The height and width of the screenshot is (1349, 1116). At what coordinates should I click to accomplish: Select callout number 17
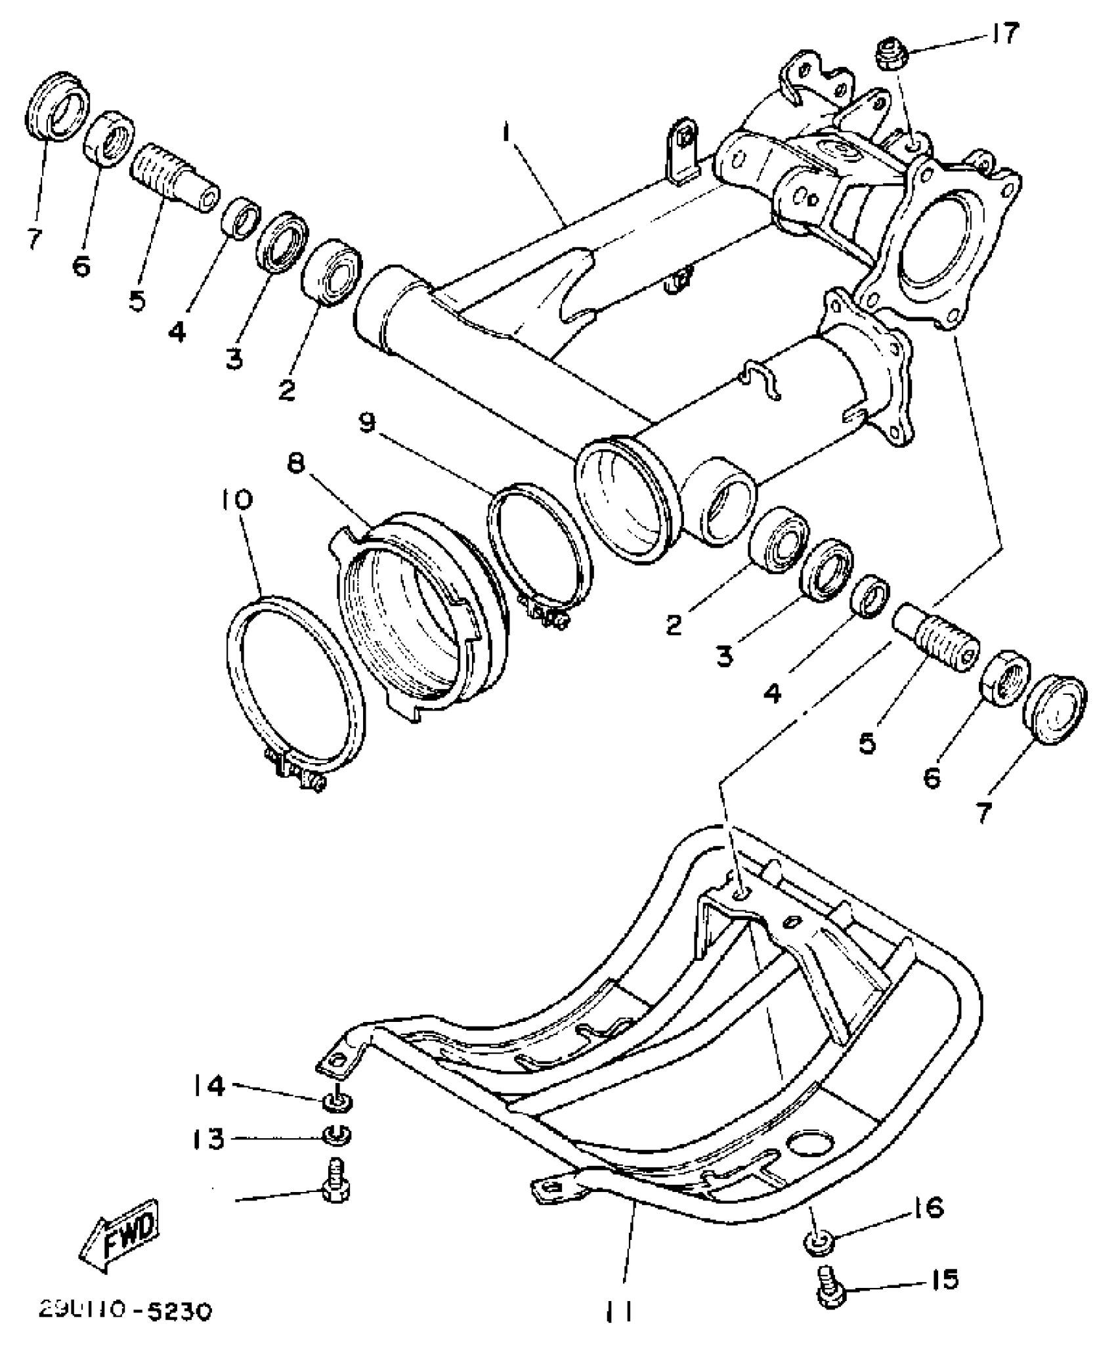pos(1002,33)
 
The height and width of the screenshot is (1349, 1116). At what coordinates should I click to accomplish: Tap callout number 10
pos(240,500)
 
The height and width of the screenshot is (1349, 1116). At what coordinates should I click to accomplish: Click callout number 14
pos(209,1086)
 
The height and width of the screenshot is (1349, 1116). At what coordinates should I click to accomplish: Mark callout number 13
pos(209,1139)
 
